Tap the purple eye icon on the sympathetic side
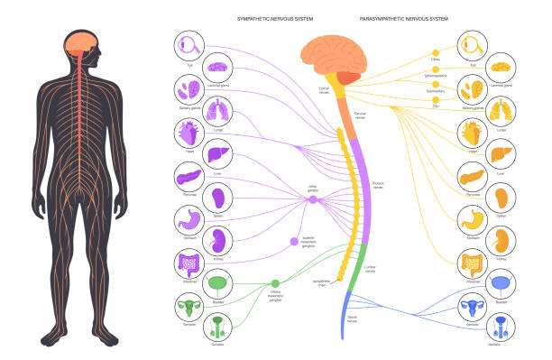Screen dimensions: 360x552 tap(190, 45)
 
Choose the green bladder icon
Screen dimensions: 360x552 tap(218, 286)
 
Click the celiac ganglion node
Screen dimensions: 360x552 tap(313, 199)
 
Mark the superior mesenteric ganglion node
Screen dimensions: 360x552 tap(294, 241)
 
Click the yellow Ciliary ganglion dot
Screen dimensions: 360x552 tap(436, 52)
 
